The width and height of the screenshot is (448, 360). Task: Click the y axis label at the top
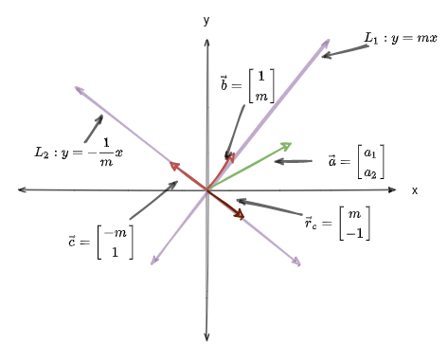206,19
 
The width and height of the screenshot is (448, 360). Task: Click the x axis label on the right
415,190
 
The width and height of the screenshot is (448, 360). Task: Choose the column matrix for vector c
115,243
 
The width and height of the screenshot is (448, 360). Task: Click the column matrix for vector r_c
355,224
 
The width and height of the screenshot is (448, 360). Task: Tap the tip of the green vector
289,144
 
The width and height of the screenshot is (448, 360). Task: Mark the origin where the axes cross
206,190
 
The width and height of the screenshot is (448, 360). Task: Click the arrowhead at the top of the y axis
206,42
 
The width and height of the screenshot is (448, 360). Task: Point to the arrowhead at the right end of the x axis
399,190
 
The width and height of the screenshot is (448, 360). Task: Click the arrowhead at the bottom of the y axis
206,336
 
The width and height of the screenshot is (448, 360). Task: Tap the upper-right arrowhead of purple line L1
328,41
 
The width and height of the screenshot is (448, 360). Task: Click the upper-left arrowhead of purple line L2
77,89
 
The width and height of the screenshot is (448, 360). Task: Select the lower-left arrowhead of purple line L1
153,262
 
